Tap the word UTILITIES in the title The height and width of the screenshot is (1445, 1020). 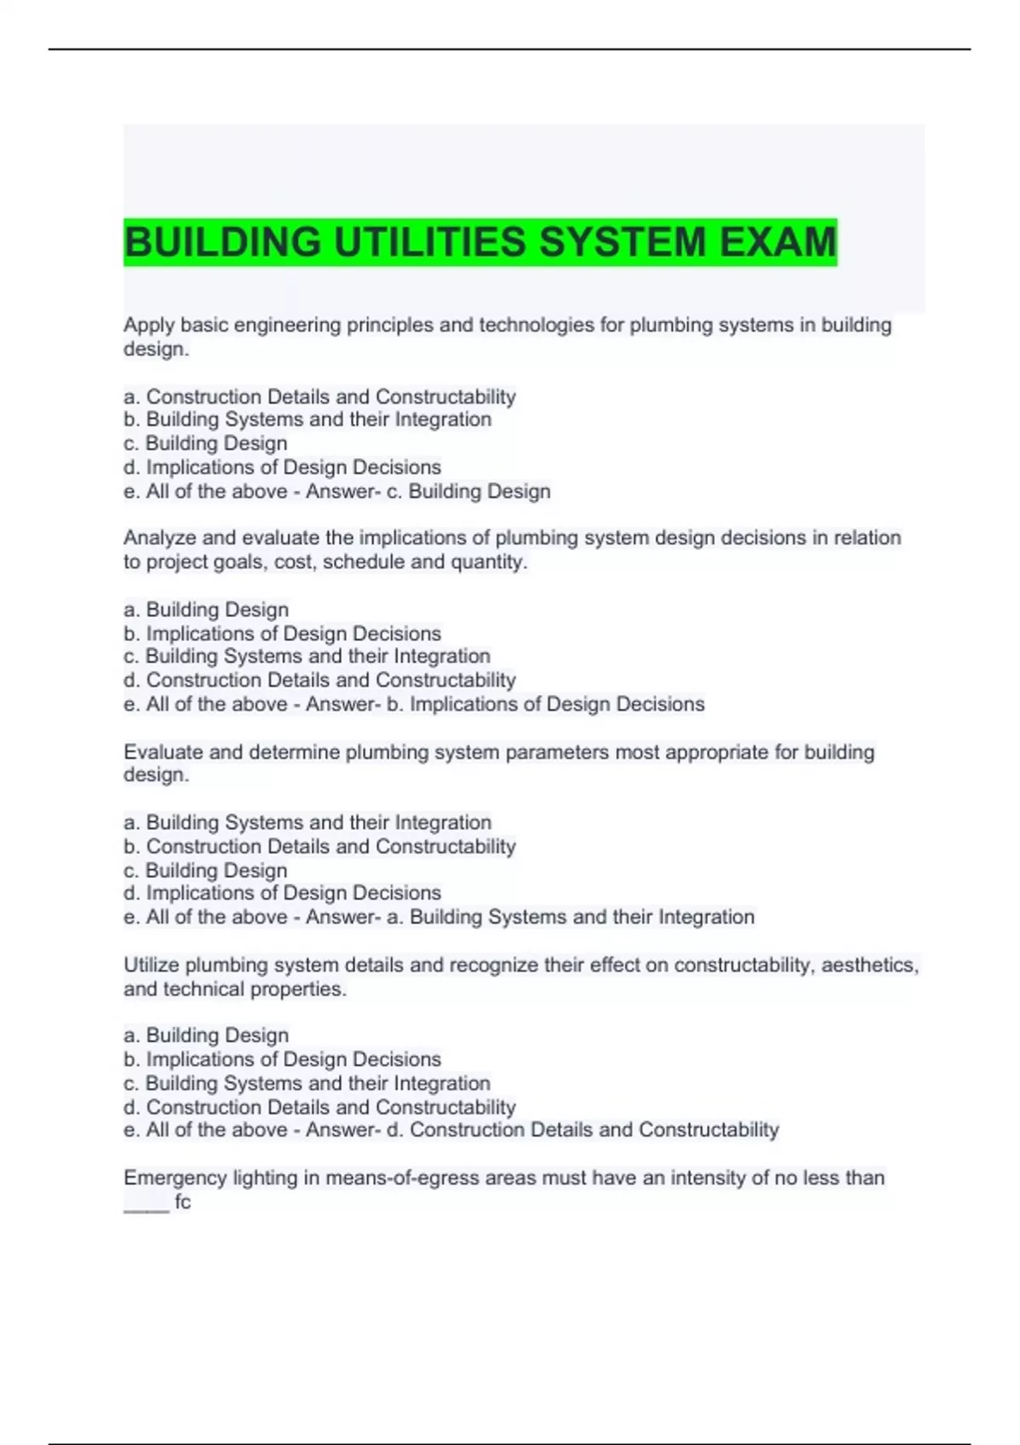point(430,242)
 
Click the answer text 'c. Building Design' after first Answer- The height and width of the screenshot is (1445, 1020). point(468,491)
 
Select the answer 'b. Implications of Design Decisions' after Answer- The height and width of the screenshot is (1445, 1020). point(545,704)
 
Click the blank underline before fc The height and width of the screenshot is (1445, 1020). point(146,1207)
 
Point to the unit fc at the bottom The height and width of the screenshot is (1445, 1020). point(183,1202)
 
